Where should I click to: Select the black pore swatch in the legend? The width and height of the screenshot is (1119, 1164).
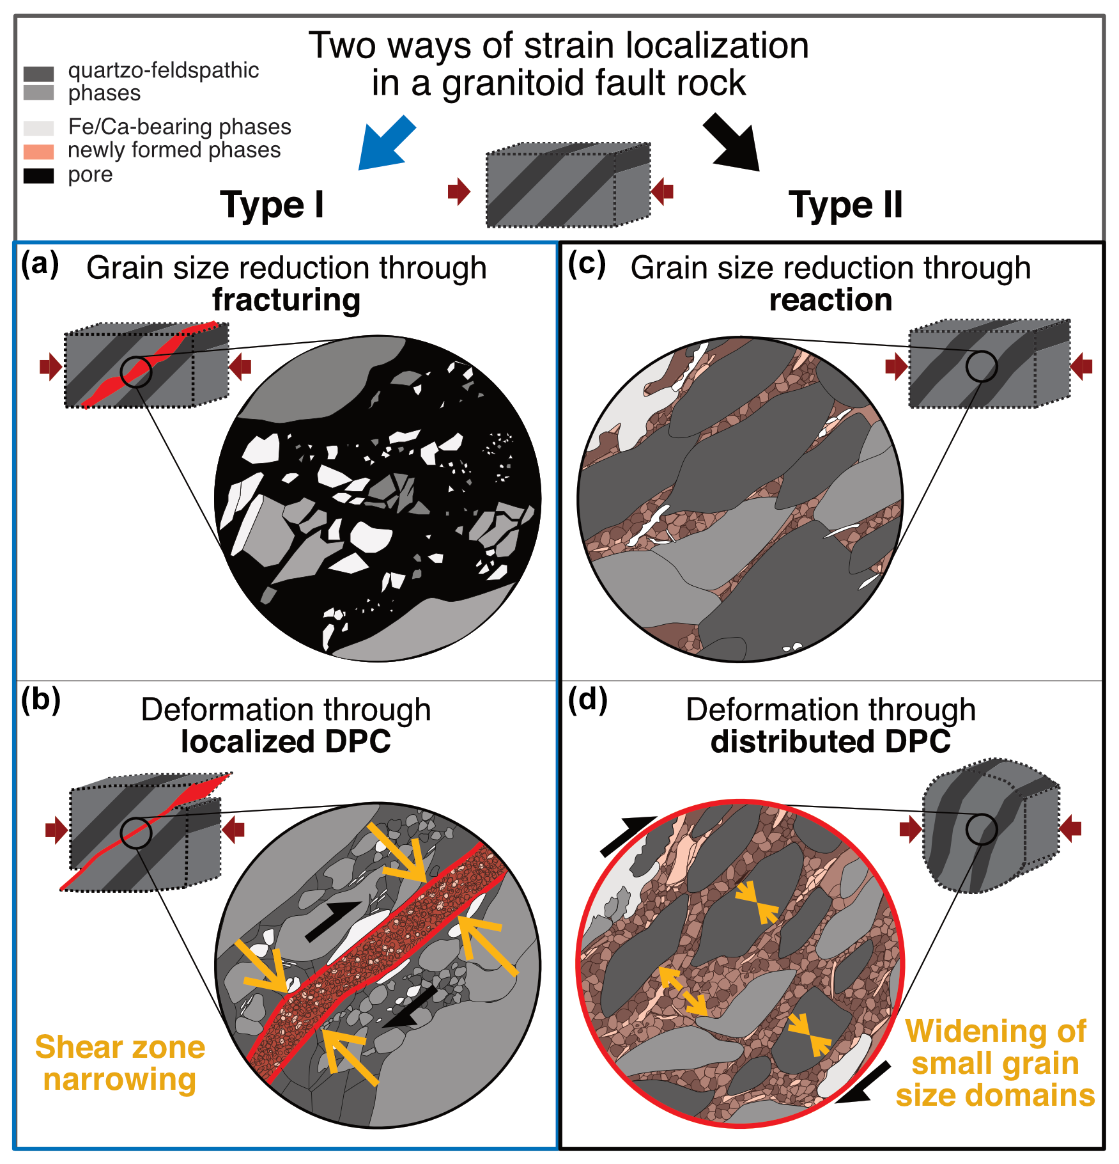click(38, 176)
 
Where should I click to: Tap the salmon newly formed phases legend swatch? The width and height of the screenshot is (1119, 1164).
click(38, 152)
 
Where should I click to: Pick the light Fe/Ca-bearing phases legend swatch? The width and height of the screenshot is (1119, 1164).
click(38, 128)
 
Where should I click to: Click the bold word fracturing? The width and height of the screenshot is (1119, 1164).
click(286, 300)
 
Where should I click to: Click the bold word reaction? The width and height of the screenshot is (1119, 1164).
click(830, 300)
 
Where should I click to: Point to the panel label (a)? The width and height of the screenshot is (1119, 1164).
click(40, 263)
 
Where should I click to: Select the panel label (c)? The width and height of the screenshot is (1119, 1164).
click(587, 263)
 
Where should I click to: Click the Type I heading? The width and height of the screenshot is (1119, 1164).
click(272, 205)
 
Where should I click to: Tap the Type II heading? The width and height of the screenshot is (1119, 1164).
click(845, 205)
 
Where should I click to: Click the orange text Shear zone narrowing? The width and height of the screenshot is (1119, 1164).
click(120, 1063)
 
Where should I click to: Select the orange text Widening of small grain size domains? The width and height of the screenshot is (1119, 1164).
click(995, 1062)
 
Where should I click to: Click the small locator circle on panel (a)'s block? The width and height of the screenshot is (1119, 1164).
click(136, 371)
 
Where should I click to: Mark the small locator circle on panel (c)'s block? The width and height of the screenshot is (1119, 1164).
click(981, 366)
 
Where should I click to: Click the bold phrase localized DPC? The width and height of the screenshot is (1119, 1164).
click(286, 742)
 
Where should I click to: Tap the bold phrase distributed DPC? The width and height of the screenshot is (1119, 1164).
click(830, 742)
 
